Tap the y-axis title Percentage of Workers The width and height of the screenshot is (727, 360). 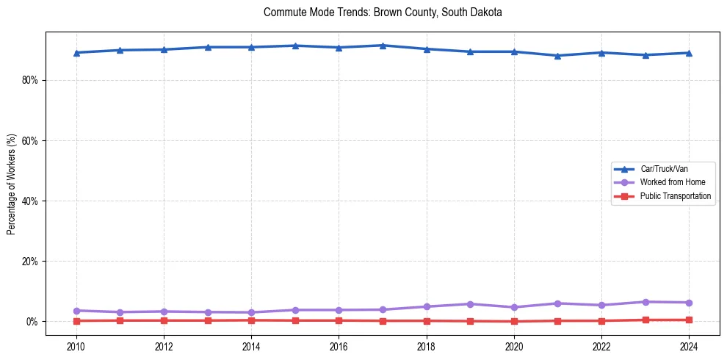pos(12,184)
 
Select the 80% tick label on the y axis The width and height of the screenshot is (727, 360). pos(29,80)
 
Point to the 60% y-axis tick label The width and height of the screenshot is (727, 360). pos(29,140)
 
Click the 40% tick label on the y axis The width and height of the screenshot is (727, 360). pos(29,201)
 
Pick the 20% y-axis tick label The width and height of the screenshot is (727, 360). pos(29,261)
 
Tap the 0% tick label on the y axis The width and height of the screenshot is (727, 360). pos(32,322)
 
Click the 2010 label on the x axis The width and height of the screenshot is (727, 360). pos(76,345)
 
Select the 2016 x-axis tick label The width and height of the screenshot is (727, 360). pos(339,345)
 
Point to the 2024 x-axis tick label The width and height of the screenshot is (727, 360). pos(689,345)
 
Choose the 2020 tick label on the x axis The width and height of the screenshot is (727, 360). pos(514,345)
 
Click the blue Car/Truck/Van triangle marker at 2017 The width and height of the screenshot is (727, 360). pos(383,46)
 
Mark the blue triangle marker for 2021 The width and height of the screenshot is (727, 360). pos(557,56)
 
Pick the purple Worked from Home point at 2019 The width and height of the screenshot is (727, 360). pos(470,304)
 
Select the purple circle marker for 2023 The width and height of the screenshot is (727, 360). pos(645,302)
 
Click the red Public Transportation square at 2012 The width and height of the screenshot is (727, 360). pos(164,320)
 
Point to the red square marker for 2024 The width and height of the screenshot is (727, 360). pos(689,320)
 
